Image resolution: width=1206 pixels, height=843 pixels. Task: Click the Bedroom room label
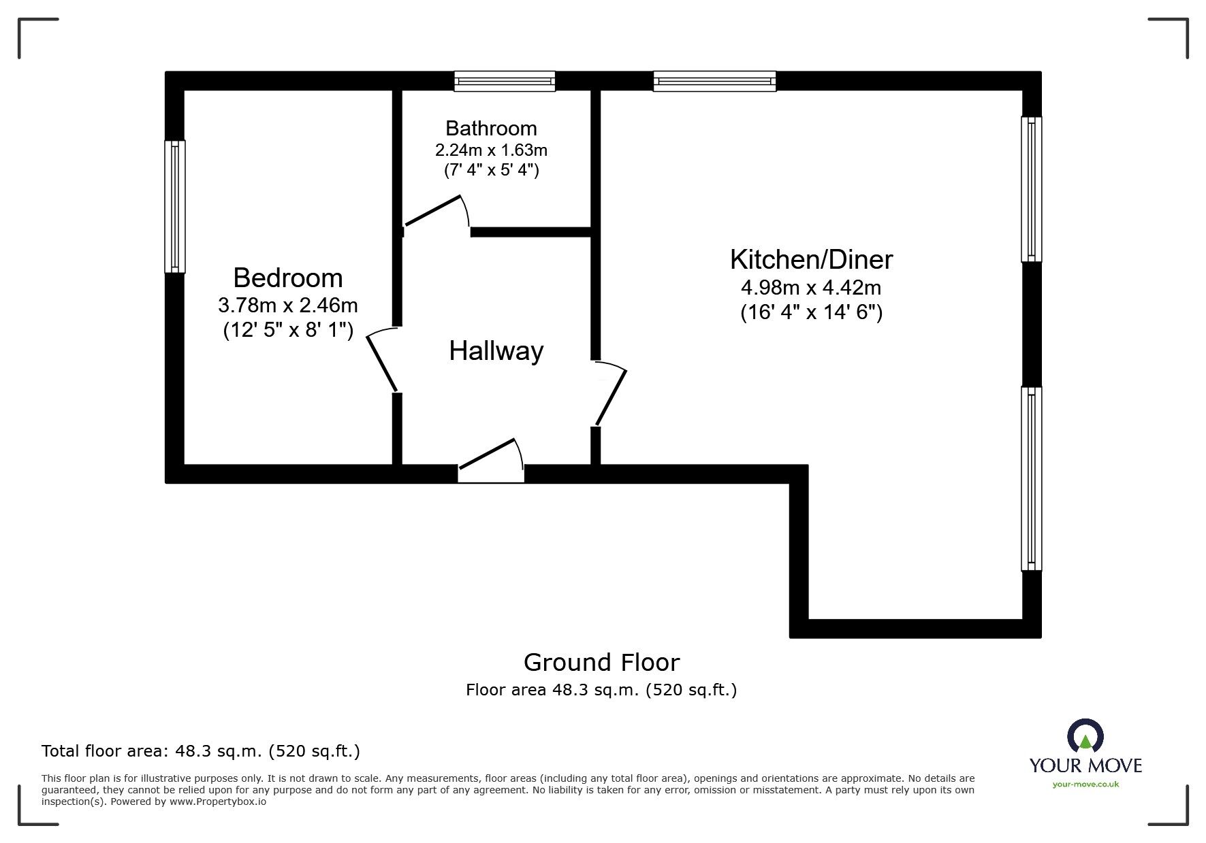coord(287,278)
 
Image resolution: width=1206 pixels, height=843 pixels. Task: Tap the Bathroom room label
coord(491,128)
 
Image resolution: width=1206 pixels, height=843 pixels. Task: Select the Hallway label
coord(496,351)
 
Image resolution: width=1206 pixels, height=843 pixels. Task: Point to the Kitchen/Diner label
coord(811,259)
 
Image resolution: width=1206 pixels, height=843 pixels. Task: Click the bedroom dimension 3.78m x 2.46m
coord(287,305)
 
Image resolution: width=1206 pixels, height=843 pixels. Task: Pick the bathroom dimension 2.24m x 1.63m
coord(491,149)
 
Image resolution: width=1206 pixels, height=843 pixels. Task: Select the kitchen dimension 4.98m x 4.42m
coord(811,287)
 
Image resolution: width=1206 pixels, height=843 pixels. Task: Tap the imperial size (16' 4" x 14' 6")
coord(811,312)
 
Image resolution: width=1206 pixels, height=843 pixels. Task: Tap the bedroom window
coord(175,206)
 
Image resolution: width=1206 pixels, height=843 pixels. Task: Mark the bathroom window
coord(505,81)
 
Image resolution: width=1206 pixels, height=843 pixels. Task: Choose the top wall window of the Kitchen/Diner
coord(714,81)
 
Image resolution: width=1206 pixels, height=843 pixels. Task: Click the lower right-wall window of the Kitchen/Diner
coord(1032,478)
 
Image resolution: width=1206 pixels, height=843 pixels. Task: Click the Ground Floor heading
coord(601,662)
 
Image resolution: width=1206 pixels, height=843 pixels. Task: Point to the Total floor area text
coord(200,751)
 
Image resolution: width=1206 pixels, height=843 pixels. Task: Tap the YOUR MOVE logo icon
coord(1085,736)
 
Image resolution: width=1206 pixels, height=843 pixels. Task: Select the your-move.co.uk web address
coord(1085,784)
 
